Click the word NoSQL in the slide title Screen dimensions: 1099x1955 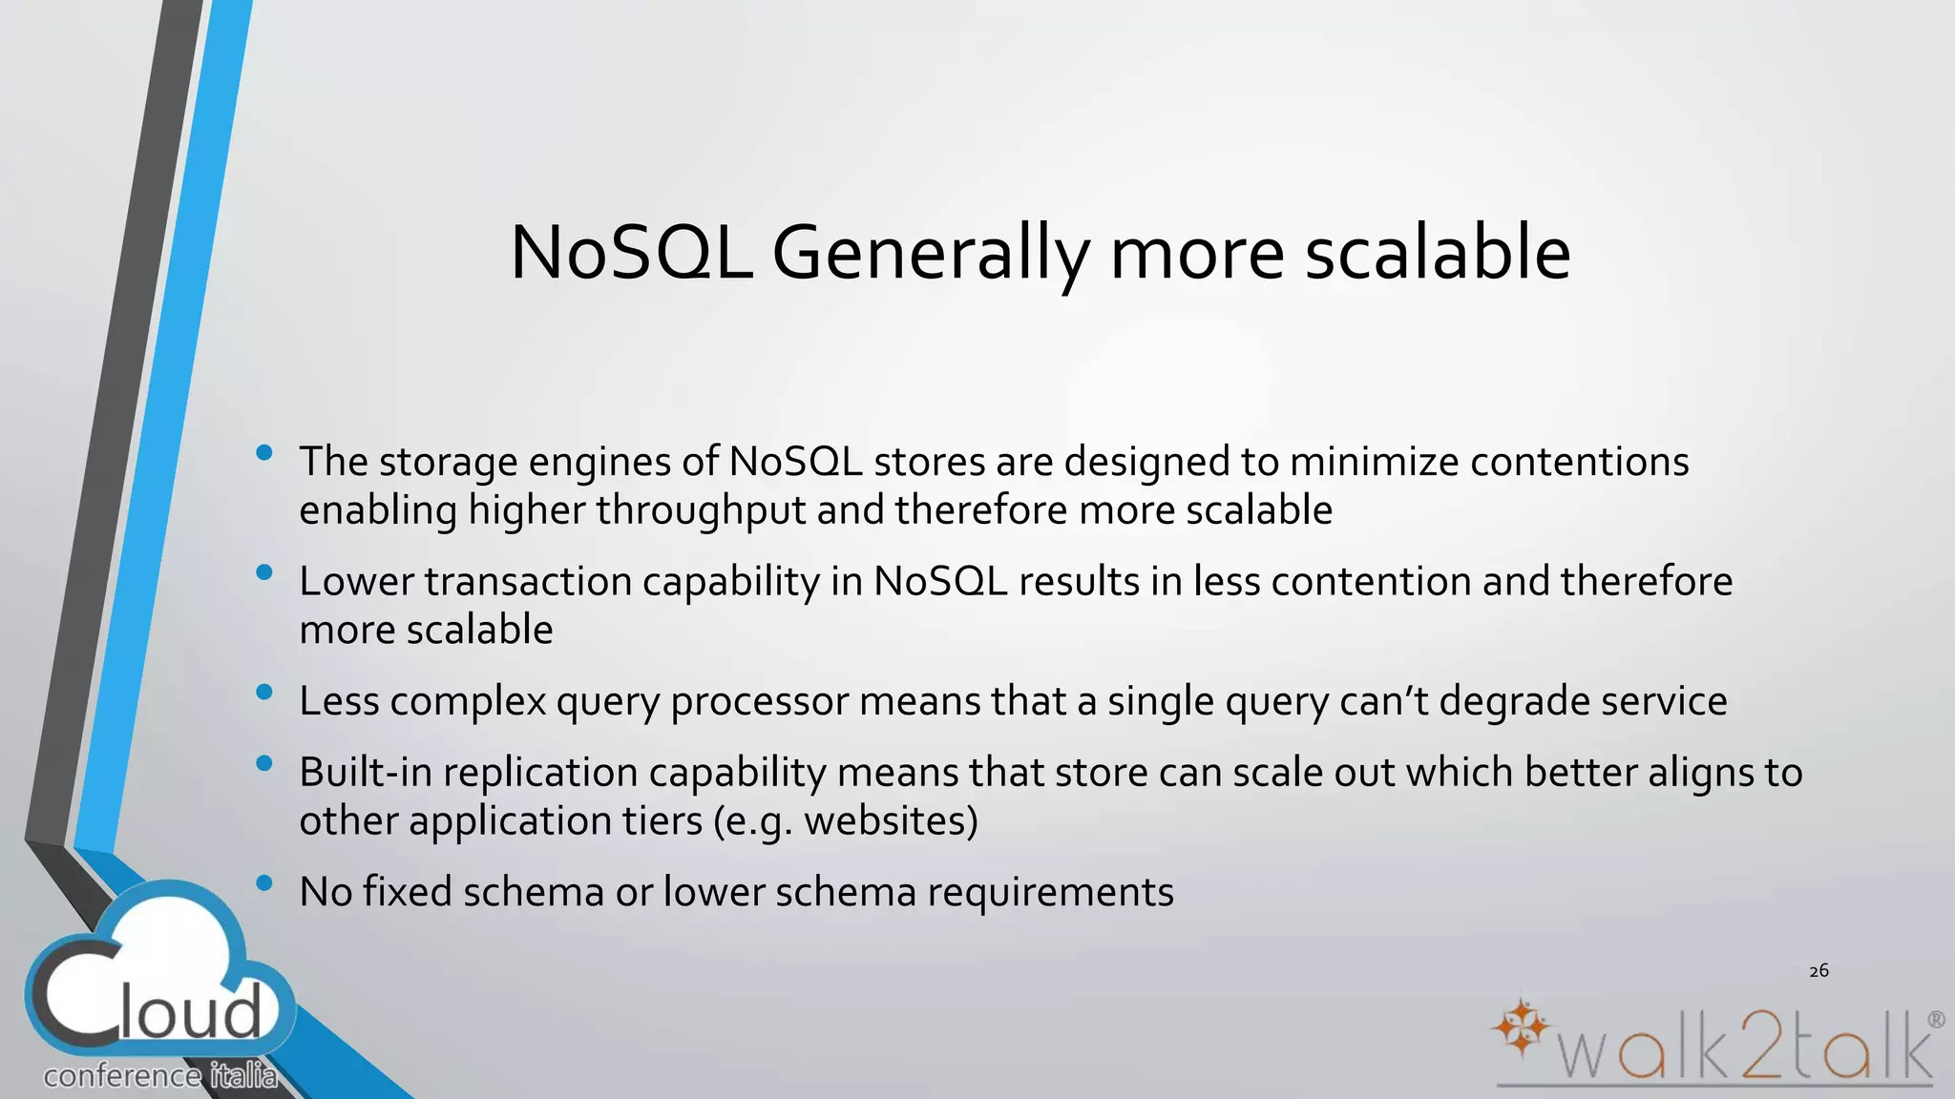pos(631,253)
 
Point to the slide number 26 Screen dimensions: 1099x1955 pos(1818,971)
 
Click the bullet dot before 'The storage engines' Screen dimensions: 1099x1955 pos(264,453)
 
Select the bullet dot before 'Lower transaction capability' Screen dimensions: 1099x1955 pos(264,573)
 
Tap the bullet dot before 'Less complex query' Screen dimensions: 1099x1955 pos(264,693)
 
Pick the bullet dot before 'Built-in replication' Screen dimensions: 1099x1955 pos(264,764)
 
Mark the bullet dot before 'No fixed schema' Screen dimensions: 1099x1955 pos(264,883)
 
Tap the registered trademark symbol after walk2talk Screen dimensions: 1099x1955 pos(1936,1020)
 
